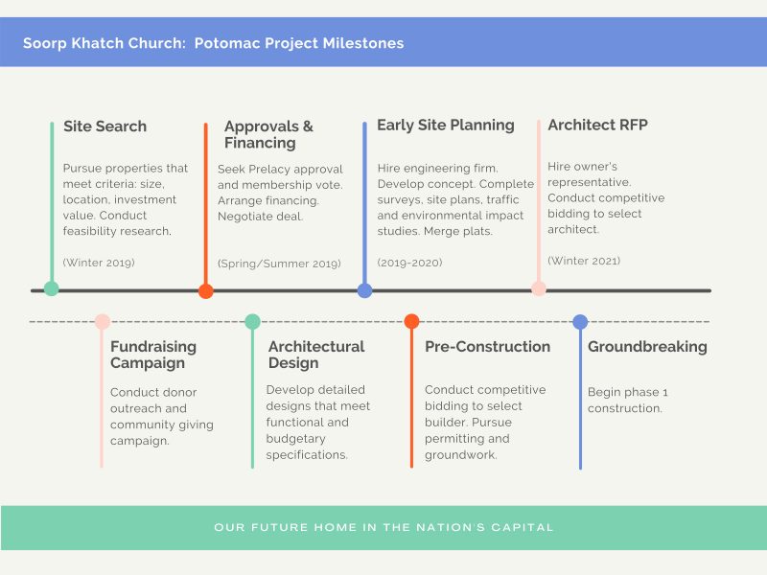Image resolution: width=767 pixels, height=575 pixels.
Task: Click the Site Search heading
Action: (105, 126)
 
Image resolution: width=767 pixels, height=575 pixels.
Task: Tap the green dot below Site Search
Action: (52, 288)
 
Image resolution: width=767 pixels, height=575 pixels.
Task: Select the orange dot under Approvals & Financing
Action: (205, 291)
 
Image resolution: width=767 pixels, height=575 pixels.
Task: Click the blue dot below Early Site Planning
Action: (364, 290)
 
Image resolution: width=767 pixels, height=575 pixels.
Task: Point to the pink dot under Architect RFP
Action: (539, 288)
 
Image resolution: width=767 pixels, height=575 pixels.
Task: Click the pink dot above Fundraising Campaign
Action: (103, 322)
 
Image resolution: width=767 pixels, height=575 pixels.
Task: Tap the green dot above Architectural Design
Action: (252, 322)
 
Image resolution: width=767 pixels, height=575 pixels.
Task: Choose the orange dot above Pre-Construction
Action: (411, 321)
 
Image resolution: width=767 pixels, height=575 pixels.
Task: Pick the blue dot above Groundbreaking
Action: (580, 322)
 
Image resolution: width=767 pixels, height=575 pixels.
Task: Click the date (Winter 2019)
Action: (99, 263)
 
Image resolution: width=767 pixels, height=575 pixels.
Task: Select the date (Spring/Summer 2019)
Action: (279, 264)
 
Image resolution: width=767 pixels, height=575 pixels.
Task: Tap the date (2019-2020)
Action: (409, 263)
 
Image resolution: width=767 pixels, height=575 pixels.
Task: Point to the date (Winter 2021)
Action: (584, 261)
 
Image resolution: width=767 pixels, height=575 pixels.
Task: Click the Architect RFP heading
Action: (597, 125)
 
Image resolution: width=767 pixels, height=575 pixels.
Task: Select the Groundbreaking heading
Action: (647, 347)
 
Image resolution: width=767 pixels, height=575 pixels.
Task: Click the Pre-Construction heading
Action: (487, 347)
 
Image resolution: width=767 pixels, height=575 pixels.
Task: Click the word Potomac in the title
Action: (227, 43)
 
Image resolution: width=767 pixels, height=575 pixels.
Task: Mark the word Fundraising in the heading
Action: (153, 347)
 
